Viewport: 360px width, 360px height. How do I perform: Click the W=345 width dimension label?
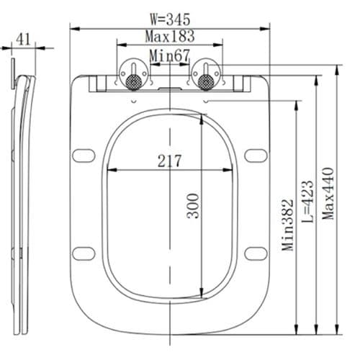(170, 19)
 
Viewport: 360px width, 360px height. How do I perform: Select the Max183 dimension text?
(170, 36)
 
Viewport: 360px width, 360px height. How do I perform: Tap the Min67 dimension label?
(169, 55)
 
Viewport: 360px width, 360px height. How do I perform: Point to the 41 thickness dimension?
(24, 40)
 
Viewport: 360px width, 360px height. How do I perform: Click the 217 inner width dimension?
(170, 161)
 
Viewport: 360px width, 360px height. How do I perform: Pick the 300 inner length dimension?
(193, 206)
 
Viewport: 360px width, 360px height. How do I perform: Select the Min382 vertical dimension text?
(288, 225)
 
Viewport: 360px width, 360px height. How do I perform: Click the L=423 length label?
(308, 201)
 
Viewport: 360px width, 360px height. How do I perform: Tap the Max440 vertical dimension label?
(328, 193)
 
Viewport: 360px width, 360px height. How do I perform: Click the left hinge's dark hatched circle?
(134, 81)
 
